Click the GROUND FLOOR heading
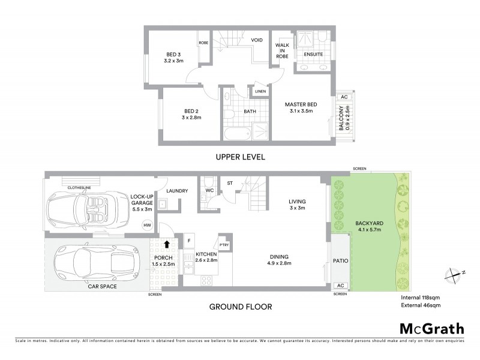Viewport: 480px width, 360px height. pyautogui.click(x=240, y=307)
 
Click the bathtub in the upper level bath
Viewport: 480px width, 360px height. pyautogui.click(x=235, y=133)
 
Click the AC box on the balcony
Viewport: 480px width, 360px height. pyautogui.click(x=344, y=96)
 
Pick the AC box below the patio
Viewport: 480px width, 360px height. pyautogui.click(x=340, y=285)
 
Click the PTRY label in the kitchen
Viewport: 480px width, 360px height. pyautogui.click(x=224, y=244)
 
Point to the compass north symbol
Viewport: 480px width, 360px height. pyautogui.click(x=453, y=274)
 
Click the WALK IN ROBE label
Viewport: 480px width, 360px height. pyautogui.click(x=282, y=51)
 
